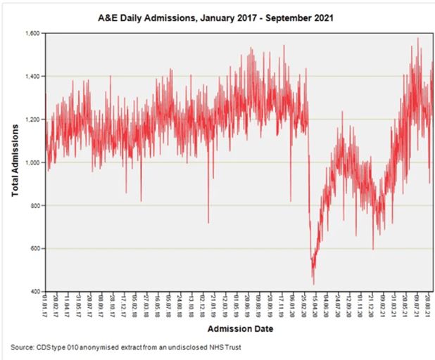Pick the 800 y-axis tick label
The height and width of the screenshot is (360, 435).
(x=34, y=205)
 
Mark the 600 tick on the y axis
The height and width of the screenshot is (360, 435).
(x=34, y=249)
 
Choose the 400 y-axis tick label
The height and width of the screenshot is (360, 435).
(x=34, y=292)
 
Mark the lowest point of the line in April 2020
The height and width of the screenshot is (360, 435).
(x=313, y=283)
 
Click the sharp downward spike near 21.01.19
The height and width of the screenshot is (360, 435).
(x=208, y=222)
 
